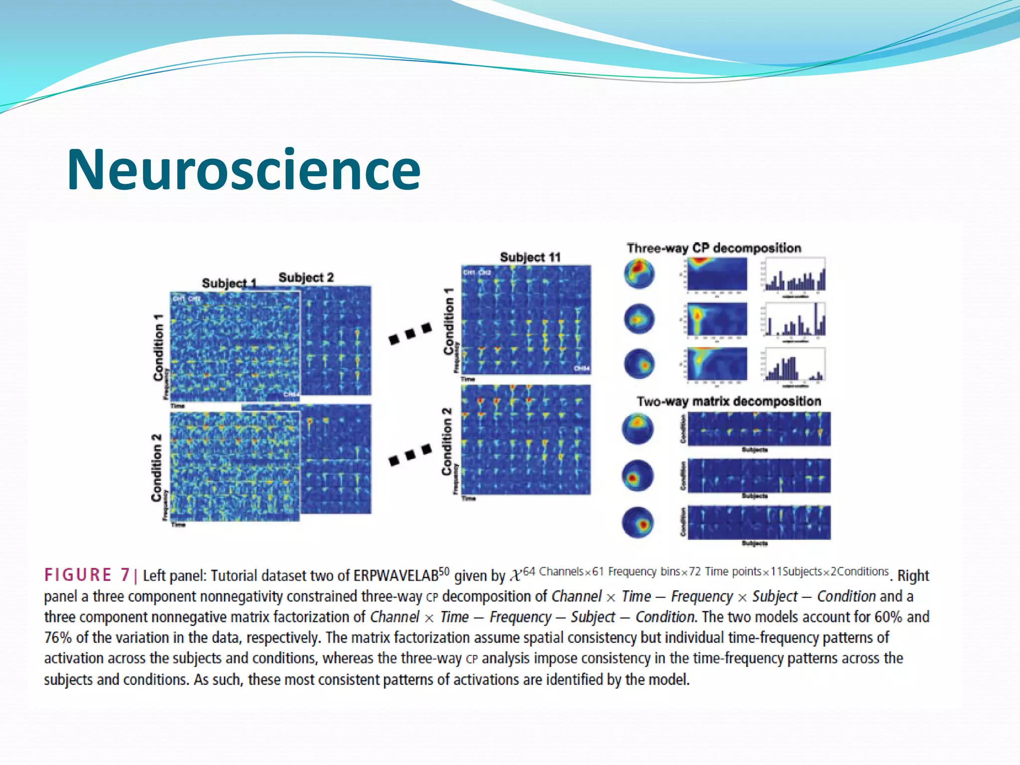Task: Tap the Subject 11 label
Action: [530, 257]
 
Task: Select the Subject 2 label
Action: [306, 277]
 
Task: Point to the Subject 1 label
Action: [229, 283]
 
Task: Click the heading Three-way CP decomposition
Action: [714, 248]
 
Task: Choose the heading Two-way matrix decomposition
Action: [729, 401]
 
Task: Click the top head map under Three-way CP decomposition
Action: [639, 273]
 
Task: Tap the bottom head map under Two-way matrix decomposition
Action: [637, 522]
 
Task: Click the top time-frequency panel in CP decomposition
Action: [717, 273]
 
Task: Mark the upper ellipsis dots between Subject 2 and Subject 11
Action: [410, 334]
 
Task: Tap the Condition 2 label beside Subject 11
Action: [447, 441]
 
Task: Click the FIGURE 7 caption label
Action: [87, 575]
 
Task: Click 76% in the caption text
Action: [58, 638]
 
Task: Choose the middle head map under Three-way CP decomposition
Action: [639, 319]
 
